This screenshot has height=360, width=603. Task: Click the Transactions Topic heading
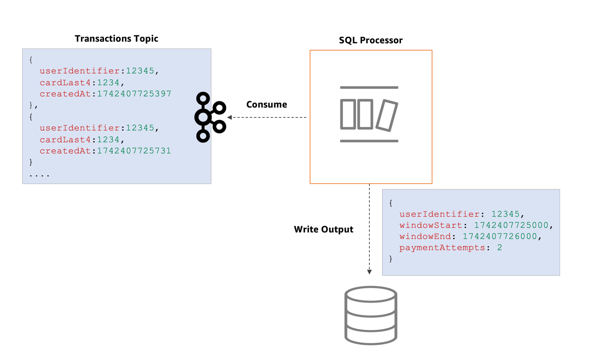tap(116, 38)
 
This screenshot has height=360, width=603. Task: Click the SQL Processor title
tap(371, 40)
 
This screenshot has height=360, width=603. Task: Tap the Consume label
tap(266, 104)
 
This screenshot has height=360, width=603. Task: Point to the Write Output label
tap(324, 229)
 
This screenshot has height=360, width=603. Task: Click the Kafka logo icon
tap(210, 117)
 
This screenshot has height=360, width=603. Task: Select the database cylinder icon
tap(371, 315)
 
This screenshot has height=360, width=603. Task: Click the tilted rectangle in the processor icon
tap(387, 116)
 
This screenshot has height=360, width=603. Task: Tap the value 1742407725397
tap(134, 94)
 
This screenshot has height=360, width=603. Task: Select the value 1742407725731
tap(134, 151)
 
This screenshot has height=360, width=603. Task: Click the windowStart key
tap(431, 225)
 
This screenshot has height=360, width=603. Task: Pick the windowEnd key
tap(425, 236)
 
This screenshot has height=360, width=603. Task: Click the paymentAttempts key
tap(442, 248)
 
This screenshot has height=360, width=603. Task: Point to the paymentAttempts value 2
tap(500, 247)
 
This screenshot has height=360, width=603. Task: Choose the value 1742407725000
tap(511, 225)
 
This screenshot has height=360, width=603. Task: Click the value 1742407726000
tap(500, 236)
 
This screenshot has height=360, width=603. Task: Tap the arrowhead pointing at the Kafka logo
tap(230, 117)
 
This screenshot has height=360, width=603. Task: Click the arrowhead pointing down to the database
tap(369, 272)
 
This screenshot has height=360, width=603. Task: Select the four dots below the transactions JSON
tap(39, 176)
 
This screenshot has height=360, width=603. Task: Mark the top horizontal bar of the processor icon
tap(369, 87)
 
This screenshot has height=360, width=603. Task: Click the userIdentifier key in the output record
tap(439, 214)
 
